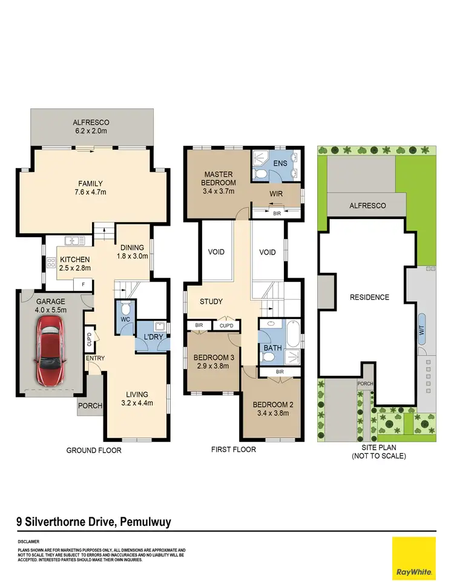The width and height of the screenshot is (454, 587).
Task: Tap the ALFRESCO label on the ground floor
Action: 90,122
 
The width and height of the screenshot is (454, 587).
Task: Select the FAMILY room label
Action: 90,184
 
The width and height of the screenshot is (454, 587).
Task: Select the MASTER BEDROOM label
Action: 219,178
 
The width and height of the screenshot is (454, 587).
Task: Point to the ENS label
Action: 280,163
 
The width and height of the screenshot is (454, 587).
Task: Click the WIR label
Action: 277,194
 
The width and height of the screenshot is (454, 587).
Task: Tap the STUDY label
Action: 211,301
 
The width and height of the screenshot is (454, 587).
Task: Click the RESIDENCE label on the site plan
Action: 369,297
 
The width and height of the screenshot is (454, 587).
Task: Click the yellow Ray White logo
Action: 413,558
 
